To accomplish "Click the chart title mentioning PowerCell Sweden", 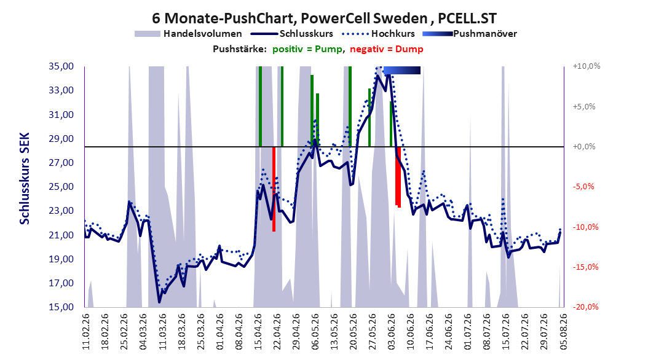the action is point(324,18).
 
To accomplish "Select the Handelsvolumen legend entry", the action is point(189,34).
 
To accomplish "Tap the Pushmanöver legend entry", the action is point(470,34).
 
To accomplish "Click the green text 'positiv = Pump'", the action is point(307,49).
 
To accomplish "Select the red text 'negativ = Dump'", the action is point(387,49).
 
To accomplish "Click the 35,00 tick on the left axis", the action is point(61,66).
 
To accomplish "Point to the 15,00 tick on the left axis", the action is point(61,307).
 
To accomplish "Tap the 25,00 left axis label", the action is point(61,187).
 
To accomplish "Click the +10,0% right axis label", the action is point(587,66).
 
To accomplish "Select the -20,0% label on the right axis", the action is point(585,307).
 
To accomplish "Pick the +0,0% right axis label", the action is point(584,147).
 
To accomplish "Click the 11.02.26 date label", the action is point(86,332).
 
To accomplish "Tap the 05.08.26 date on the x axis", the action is point(563,332).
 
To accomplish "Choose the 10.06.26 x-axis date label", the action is point(410,332).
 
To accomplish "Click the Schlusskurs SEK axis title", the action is point(25,178).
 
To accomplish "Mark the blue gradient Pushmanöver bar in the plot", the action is point(401,71).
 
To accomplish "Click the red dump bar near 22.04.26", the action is point(274,189).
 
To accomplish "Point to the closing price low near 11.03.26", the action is point(159,302).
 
